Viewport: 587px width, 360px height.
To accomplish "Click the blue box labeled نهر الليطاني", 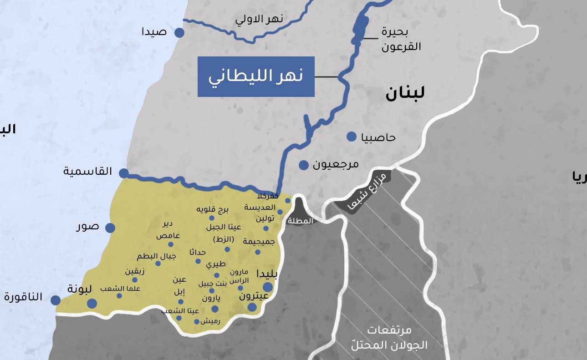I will (256, 76).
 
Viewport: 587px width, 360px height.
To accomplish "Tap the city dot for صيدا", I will (179, 33).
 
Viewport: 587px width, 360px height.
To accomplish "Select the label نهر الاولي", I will (259, 19).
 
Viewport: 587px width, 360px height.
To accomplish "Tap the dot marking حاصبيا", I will (351, 137).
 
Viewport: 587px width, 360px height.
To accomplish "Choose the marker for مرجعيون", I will (304, 165).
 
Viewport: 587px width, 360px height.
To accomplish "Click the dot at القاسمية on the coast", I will (124, 173).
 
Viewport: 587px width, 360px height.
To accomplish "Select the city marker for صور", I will (110, 228).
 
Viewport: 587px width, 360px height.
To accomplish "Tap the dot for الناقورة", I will (56, 300).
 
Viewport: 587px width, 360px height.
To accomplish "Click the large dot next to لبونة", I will (92, 304).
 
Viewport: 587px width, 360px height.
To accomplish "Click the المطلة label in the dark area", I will (301, 221).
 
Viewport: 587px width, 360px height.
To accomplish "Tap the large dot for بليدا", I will (268, 287).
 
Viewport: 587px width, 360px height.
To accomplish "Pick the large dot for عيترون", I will (252, 307).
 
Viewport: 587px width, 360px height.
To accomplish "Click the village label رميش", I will (210, 321).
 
